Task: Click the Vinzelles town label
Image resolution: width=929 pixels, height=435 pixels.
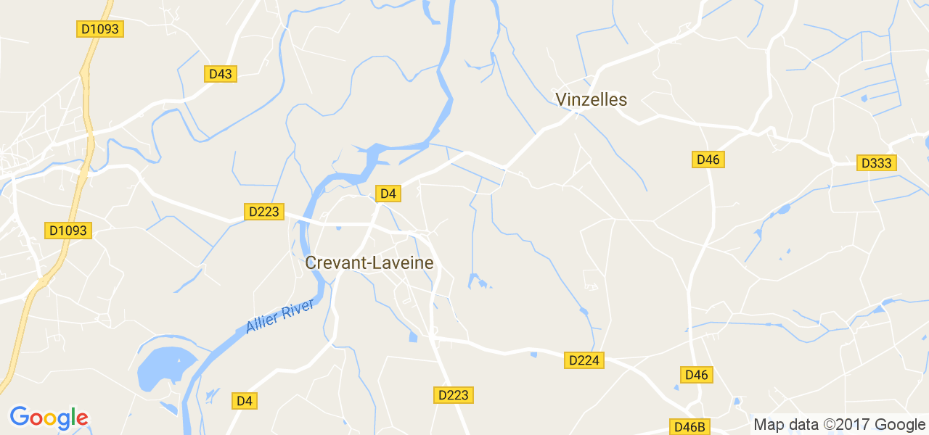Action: pyautogui.click(x=591, y=99)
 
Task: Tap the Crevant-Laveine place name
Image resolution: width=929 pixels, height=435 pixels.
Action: pyautogui.click(x=369, y=262)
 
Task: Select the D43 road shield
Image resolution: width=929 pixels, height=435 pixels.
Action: pyautogui.click(x=220, y=74)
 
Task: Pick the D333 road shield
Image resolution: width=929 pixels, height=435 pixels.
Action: pyautogui.click(x=876, y=163)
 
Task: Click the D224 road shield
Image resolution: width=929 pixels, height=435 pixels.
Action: pyautogui.click(x=584, y=360)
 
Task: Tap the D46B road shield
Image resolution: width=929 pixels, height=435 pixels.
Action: pyautogui.click(x=689, y=427)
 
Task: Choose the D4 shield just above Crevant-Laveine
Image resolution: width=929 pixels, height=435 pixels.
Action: pyautogui.click(x=388, y=193)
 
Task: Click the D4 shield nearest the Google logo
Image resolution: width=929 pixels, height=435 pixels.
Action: pyautogui.click(x=245, y=400)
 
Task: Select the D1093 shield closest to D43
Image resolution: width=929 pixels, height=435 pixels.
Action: pyautogui.click(x=100, y=29)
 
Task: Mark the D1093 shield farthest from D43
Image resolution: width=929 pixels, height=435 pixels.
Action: pyautogui.click(x=67, y=231)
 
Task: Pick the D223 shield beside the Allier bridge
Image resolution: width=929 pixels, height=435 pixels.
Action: pyautogui.click(x=263, y=212)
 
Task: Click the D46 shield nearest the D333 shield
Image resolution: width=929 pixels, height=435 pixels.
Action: pyautogui.click(x=708, y=159)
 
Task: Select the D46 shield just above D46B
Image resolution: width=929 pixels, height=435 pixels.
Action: pyautogui.click(x=696, y=375)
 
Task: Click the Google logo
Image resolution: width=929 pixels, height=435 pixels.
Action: pyautogui.click(x=49, y=418)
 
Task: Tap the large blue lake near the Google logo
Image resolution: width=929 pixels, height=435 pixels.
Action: pyautogui.click(x=165, y=367)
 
